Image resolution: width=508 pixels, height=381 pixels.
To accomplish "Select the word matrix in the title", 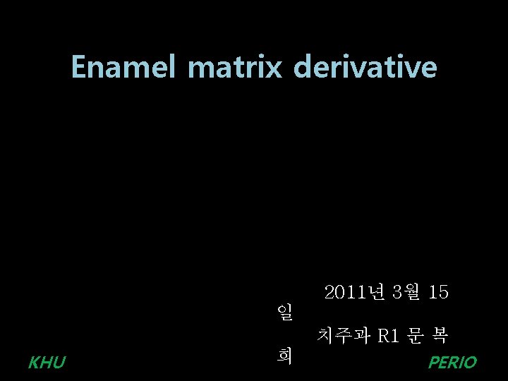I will (236, 68).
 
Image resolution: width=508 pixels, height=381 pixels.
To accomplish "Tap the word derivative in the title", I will (365, 68).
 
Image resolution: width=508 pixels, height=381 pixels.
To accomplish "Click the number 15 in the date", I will (438, 292).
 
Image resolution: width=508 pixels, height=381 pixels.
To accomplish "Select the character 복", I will (440, 336).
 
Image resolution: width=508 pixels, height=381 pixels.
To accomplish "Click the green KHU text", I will (47, 363).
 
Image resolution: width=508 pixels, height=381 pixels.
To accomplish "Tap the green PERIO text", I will (452, 363).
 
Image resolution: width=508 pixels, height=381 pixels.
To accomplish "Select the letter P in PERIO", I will (433, 363).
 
